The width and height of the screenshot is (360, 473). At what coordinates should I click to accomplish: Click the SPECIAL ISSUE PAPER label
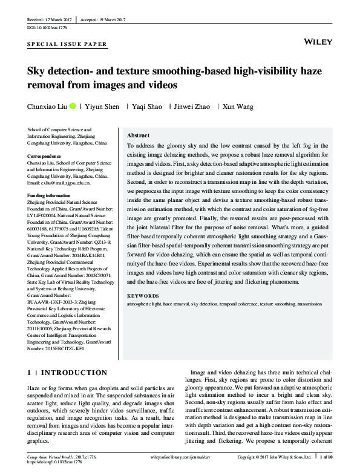click(68, 45)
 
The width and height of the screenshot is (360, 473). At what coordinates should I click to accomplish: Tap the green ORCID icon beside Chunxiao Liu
click(73, 106)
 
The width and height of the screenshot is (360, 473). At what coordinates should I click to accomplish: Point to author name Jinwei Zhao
click(192, 106)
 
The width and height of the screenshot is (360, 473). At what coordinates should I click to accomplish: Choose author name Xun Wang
click(238, 106)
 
